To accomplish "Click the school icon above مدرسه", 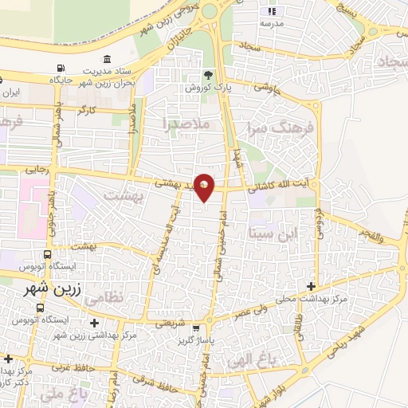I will click(271, 12).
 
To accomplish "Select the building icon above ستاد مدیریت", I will click(108, 58).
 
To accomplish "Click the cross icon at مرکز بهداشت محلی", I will click(311, 286).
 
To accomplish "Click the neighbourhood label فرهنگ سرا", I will click(281, 127).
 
